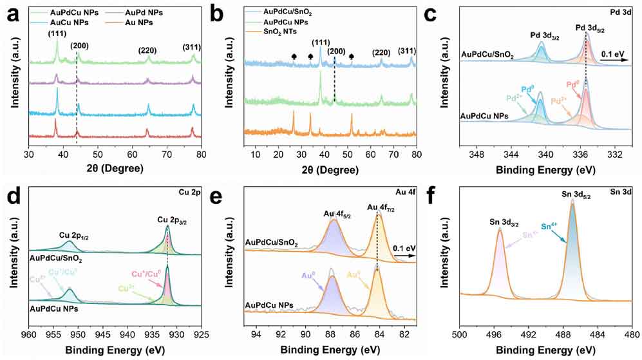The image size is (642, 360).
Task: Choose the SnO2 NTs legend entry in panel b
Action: (292, 31)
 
